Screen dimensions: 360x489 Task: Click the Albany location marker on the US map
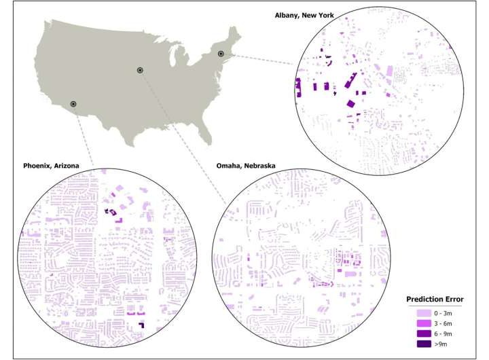click(x=221, y=53)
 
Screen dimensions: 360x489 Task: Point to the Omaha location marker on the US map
click(x=140, y=70)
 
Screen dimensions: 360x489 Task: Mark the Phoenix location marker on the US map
click(x=73, y=104)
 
